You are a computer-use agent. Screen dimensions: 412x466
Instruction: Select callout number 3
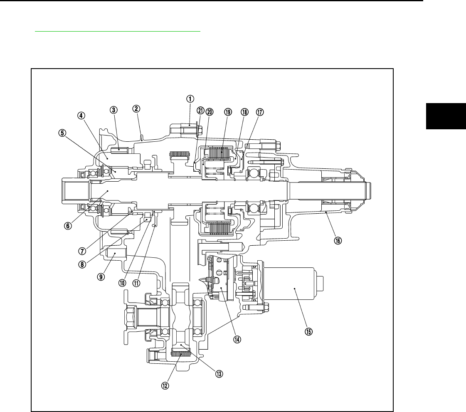[x=113, y=110]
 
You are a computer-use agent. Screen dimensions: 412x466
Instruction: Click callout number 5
[x=62, y=133]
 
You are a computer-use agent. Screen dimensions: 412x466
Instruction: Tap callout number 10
[x=122, y=282]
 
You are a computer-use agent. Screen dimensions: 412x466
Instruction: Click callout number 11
[x=136, y=282]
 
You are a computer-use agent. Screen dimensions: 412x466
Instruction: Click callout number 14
[x=237, y=339]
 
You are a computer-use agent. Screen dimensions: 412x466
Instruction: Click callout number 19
[x=227, y=112]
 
